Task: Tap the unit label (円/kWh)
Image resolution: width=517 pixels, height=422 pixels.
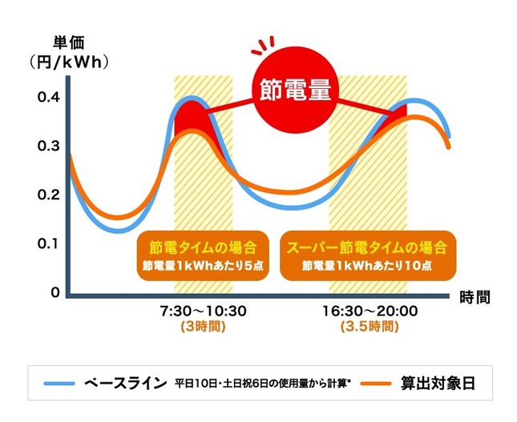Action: click(69, 62)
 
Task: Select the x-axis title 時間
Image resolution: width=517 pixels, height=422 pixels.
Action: click(475, 297)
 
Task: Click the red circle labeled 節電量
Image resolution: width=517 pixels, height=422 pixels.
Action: click(293, 89)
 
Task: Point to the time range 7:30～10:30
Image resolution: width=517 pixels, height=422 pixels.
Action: click(202, 310)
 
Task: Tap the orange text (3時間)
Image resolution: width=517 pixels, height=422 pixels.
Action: click(202, 327)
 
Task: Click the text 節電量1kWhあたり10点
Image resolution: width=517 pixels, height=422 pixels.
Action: click(366, 266)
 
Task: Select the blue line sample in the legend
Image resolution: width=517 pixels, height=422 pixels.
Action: click(61, 383)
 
